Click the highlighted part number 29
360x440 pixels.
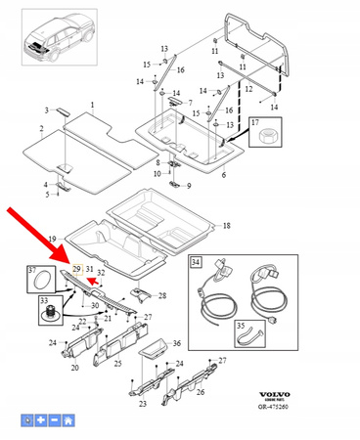click(76, 268)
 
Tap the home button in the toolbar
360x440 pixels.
click(68, 420)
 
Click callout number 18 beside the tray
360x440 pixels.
click(226, 225)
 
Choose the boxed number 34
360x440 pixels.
click(196, 262)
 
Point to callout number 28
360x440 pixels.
click(162, 295)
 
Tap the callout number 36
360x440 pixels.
click(176, 343)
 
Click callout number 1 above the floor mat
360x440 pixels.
click(93, 105)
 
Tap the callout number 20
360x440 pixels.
click(74, 370)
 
